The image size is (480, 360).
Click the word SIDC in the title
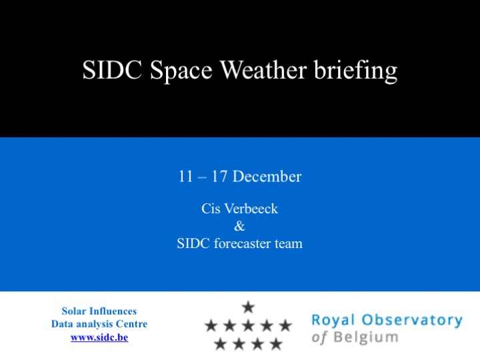point(112,70)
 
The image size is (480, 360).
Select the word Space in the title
point(181,71)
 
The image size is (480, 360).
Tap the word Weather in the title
point(263,70)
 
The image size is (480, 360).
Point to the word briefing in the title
point(356,71)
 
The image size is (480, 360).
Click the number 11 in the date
point(185,177)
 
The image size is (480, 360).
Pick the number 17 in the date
point(219,177)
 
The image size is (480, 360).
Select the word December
point(267,177)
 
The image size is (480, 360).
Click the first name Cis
point(211,209)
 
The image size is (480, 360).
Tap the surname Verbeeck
point(251,209)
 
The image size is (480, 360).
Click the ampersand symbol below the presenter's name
point(239,226)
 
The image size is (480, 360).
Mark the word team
point(289,244)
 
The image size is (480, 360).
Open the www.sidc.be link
point(99,337)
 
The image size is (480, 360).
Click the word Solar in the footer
point(74,311)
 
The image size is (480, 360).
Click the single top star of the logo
point(248,307)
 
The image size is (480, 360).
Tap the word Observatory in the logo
point(412,321)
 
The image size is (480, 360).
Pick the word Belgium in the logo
point(366,337)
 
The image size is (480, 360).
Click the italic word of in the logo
point(319,337)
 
